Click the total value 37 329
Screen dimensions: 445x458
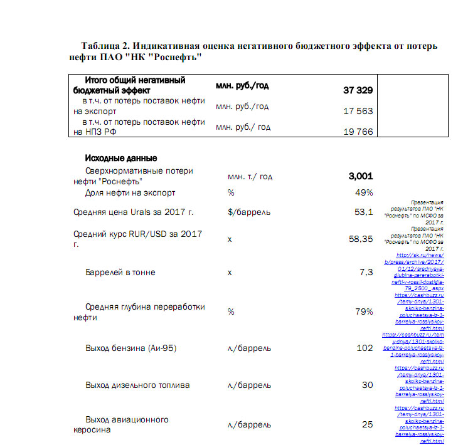(x=358, y=91)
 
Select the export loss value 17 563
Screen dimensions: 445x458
(x=359, y=111)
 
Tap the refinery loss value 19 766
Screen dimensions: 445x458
(x=359, y=132)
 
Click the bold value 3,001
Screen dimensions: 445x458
(x=361, y=176)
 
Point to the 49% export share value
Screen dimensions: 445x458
(x=364, y=192)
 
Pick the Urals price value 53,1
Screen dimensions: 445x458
(x=364, y=212)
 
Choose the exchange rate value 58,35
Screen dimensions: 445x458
(x=361, y=239)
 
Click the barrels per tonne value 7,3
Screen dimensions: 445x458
(x=366, y=272)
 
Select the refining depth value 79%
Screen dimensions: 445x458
(x=364, y=311)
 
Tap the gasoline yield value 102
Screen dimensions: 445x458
(x=365, y=348)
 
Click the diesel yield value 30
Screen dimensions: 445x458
(x=367, y=385)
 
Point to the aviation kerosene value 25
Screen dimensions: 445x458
(x=367, y=424)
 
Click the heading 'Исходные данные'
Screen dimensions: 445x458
(x=120, y=158)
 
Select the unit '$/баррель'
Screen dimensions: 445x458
(x=249, y=212)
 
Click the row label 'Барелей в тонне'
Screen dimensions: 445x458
(x=120, y=273)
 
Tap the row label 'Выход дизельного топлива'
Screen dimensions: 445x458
(x=137, y=385)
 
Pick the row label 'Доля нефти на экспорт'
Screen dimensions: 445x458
(x=130, y=192)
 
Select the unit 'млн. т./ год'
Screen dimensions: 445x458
(x=250, y=177)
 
